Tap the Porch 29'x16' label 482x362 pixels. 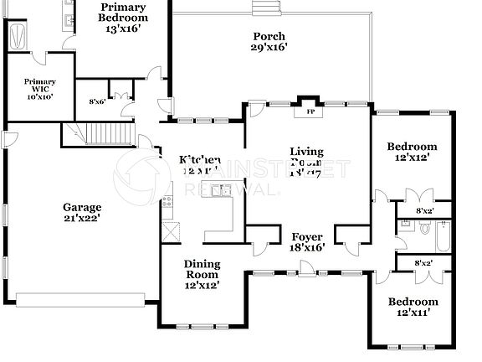coord(269,42)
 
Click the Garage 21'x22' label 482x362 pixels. coord(82,213)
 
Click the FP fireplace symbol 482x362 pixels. coord(310,111)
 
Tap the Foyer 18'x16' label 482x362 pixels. coord(307,242)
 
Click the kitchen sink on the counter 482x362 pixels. coord(222,190)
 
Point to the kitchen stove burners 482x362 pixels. coord(167,201)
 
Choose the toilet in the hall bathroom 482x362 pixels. coord(424,227)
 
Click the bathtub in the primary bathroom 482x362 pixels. coord(17,36)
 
